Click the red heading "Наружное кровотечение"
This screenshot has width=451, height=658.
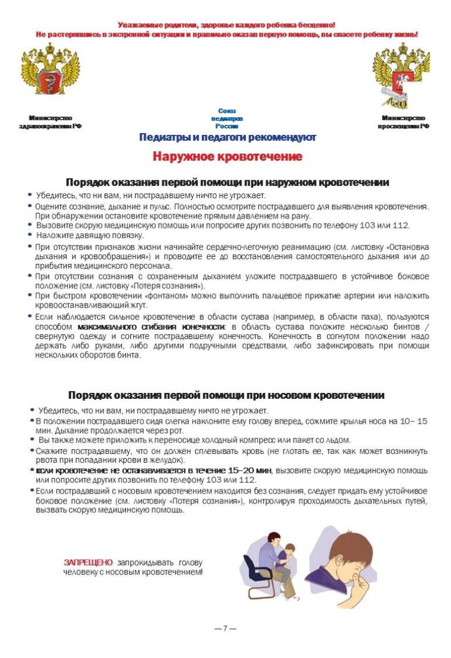pyautogui.click(x=227, y=157)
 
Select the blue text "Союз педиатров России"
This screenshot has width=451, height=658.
pyautogui.click(x=227, y=118)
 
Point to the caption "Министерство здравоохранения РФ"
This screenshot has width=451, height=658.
pyautogui.click(x=50, y=122)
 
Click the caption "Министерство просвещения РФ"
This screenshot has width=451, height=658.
pyautogui.click(x=403, y=122)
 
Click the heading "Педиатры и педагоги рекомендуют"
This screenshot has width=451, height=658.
pyautogui.click(x=227, y=138)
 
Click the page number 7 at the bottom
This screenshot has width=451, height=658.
pyautogui.click(x=225, y=628)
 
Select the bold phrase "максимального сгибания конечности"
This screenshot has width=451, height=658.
pyautogui.click(x=151, y=327)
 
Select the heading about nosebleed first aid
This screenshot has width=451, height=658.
pyautogui.click(x=226, y=395)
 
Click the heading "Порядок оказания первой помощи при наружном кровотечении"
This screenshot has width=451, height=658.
pyautogui.click(x=227, y=182)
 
